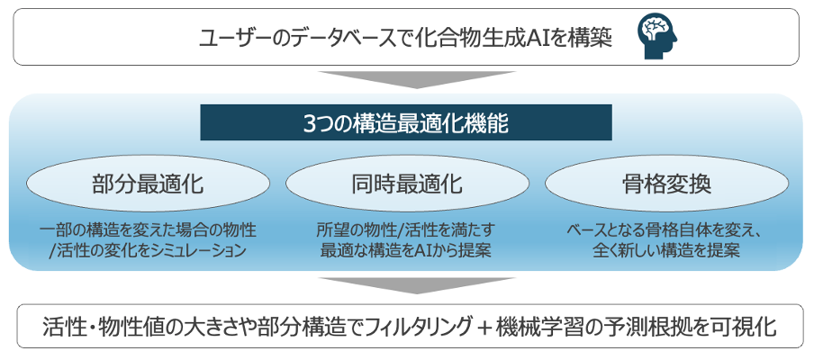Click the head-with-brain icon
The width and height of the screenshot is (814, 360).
click(658, 37)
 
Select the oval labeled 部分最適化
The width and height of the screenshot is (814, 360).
click(148, 185)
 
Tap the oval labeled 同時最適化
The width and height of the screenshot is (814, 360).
click(406, 185)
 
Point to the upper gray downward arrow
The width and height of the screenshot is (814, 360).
click(407, 78)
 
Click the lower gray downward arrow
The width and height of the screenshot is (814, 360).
click(407, 285)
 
